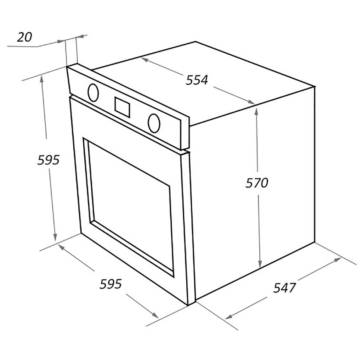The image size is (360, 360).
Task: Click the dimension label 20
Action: click(24, 37)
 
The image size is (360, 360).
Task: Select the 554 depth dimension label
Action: click(197, 80)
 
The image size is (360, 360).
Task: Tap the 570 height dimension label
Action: click(257, 183)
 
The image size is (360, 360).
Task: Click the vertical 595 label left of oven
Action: click(48, 160)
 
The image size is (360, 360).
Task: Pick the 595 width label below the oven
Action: click(110, 284)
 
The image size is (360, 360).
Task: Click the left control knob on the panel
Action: click(93, 93)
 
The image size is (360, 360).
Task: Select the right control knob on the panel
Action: click(154, 123)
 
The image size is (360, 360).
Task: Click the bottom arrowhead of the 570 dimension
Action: click(260, 263)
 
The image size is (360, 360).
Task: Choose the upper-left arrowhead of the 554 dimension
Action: click(145, 60)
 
